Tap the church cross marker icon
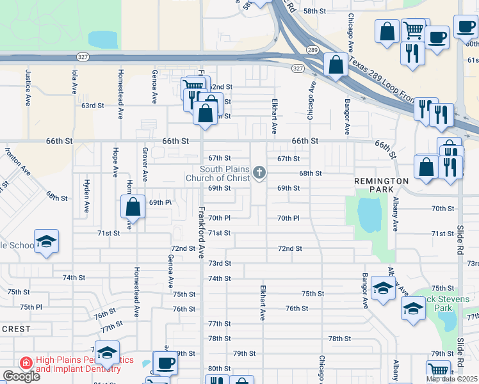coord(259,172)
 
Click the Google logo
coord(21,376)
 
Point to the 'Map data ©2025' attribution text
coord(451,379)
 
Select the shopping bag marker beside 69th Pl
coord(133,207)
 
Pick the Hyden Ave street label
coord(86,196)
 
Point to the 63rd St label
coord(92,105)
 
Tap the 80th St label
coord(219,369)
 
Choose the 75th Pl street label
coord(30,307)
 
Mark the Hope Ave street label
coord(115,163)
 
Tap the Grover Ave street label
coord(145,164)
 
